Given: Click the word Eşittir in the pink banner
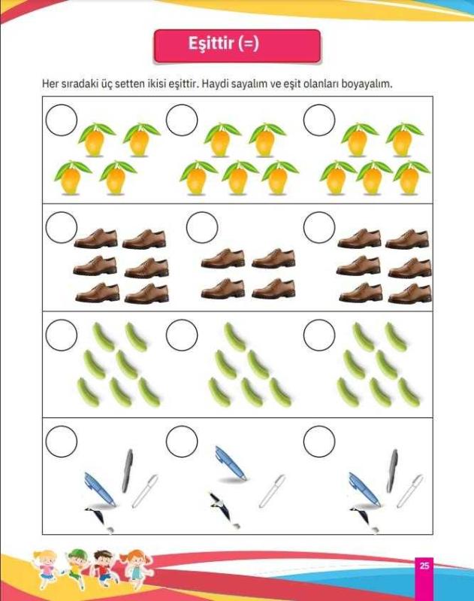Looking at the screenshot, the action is coord(210,43).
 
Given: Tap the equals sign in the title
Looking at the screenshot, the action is coord(249,44).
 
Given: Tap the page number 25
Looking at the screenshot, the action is coord(424,566).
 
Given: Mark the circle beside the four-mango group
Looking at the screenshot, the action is coord(62,120).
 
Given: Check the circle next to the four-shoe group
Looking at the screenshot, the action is coord(202,227).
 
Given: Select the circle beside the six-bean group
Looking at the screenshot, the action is coord(182,335).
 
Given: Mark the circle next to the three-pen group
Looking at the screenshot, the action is coord(182,442).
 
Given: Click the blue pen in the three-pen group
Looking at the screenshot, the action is coord(231,463).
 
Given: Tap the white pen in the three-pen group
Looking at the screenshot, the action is coord(272,491).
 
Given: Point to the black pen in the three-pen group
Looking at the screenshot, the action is coord(221,507).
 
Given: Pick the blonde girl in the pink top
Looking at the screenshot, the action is coord(47,570).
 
